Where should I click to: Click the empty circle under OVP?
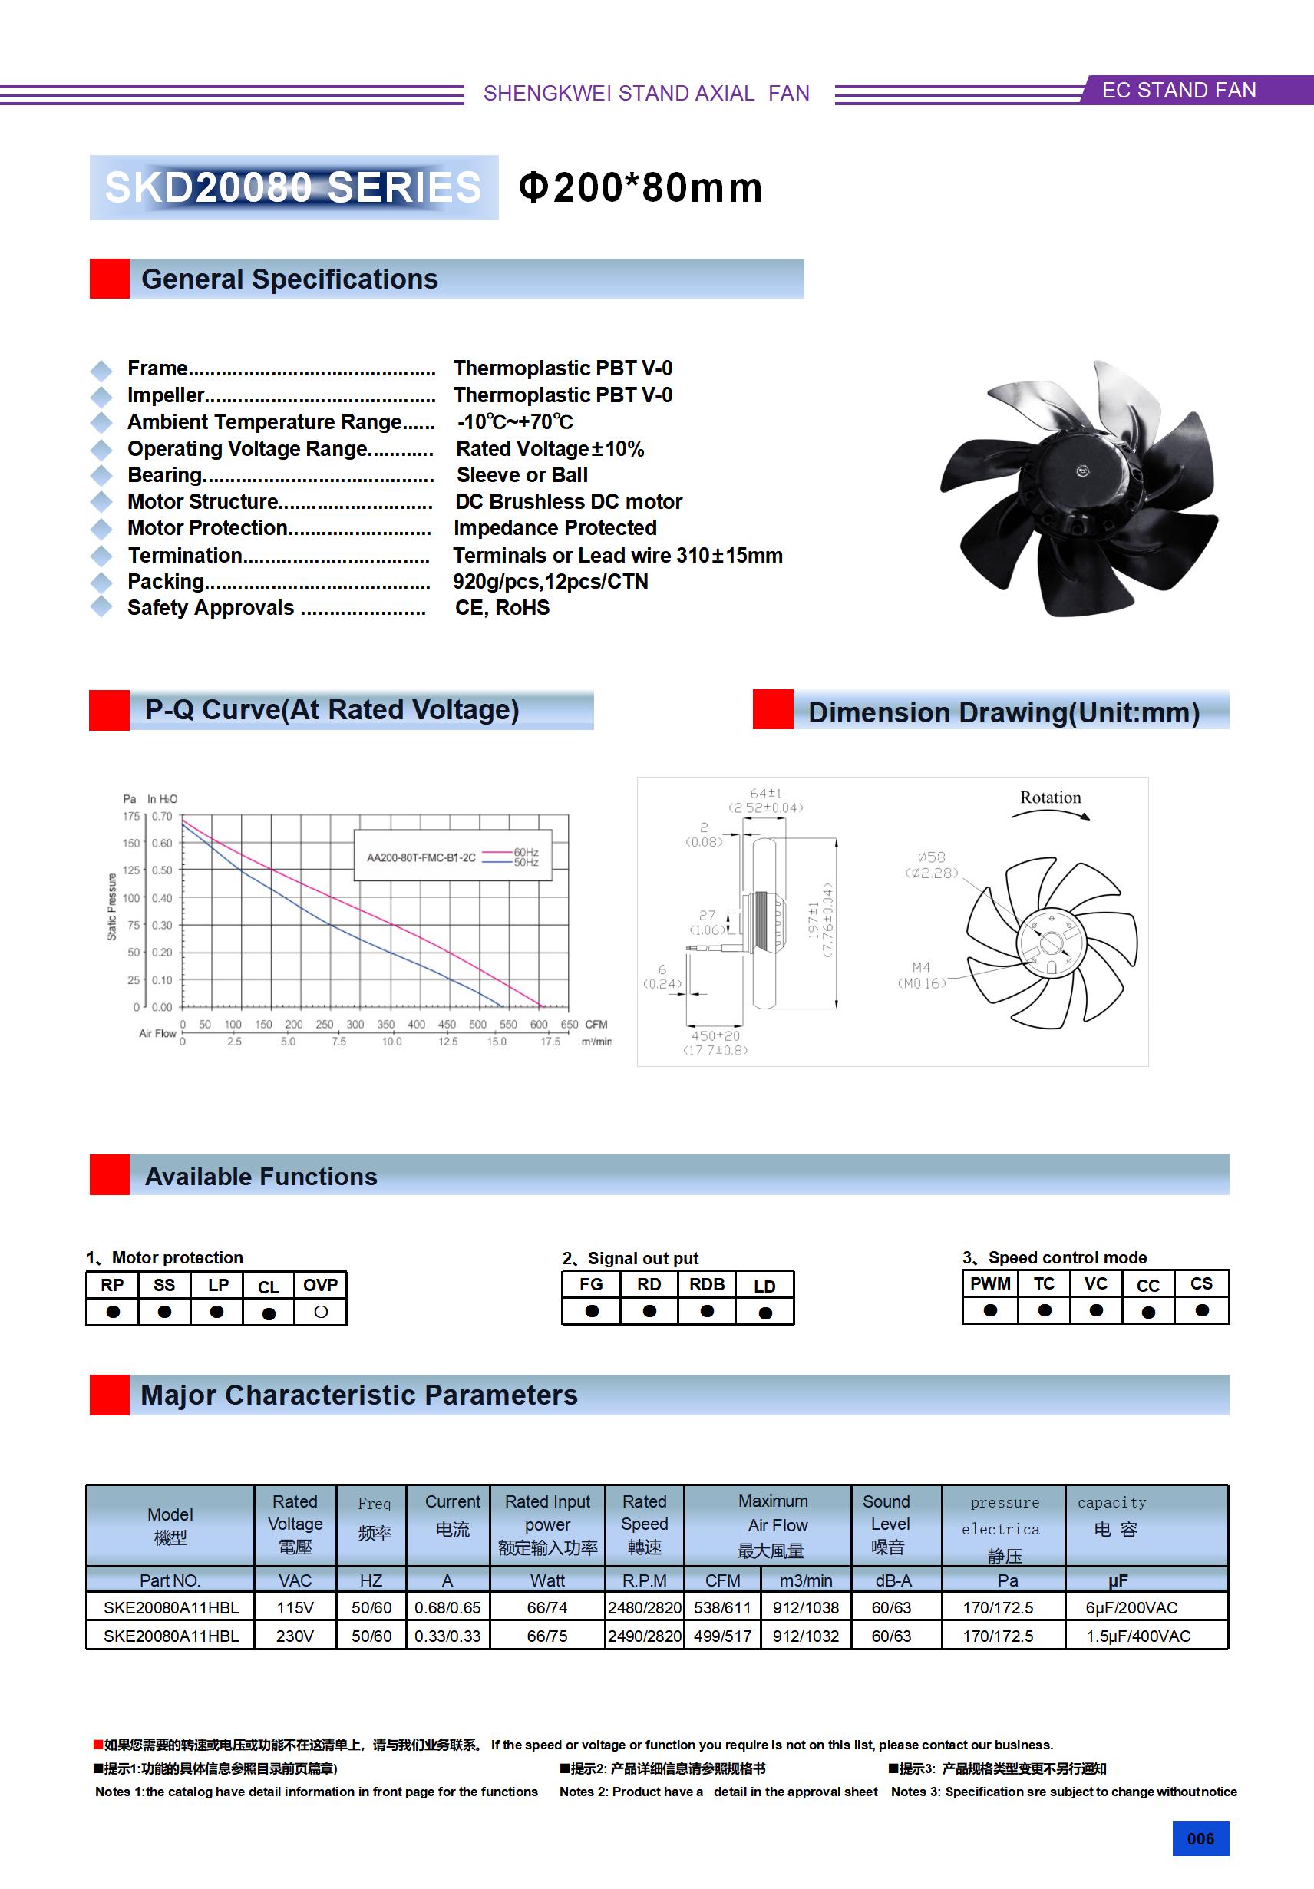point(321,1313)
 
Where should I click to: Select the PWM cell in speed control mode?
point(990,1284)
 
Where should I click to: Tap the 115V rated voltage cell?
point(295,1607)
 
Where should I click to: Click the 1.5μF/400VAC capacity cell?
point(1138,1636)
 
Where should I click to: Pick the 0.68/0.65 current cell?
point(447,1607)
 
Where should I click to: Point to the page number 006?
point(1200,1839)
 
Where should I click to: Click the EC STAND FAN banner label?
point(1178,91)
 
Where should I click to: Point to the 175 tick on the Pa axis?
point(130,816)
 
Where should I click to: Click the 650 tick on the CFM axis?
point(570,1024)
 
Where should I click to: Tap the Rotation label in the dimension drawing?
point(1050,798)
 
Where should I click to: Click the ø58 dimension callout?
point(932,857)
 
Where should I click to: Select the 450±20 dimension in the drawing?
point(715,1035)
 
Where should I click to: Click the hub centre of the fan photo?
point(1082,471)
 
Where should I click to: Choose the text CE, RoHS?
point(502,608)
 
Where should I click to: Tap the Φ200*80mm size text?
point(640,187)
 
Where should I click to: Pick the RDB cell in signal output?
point(707,1285)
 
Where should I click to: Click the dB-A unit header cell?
point(893,1580)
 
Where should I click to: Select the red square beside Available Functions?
point(110,1175)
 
